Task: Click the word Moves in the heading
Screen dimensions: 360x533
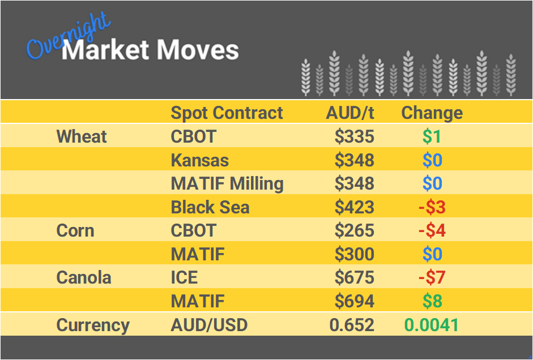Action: point(198,50)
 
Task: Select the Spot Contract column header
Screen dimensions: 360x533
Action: point(227,113)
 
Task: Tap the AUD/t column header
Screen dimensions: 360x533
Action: point(350,113)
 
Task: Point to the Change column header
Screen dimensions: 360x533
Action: point(432,113)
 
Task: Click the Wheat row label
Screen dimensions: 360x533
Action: point(82,136)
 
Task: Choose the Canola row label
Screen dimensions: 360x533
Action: point(84,277)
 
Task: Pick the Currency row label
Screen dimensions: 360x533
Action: point(93,325)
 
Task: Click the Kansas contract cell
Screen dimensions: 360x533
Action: point(199,160)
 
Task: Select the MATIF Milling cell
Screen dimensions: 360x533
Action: point(227,183)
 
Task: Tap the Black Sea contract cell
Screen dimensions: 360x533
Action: point(210,207)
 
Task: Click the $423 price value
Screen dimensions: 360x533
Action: point(354,207)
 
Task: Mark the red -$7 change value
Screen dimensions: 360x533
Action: point(432,277)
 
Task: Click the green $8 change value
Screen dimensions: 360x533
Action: point(432,301)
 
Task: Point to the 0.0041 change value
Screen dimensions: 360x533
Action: point(431,325)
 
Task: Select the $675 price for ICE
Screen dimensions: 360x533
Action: point(354,277)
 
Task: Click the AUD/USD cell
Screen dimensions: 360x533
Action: point(209,325)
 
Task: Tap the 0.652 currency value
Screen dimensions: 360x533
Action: point(352,325)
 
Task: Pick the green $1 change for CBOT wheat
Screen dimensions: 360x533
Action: point(432,136)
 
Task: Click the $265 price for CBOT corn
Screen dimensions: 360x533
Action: point(354,230)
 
